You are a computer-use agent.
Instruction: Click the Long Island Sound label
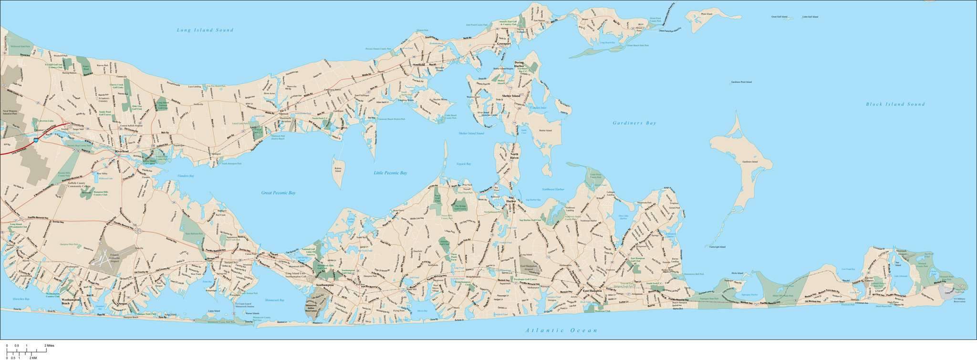coord(205,30)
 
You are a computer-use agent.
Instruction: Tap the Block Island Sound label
coord(895,104)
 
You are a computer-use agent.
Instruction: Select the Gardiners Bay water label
coord(634,123)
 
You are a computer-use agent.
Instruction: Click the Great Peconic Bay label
coord(278,193)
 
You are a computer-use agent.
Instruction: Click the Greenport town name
coord(504,43)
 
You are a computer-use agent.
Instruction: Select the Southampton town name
coord(324,285)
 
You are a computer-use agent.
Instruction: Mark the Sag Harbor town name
coord(511,203)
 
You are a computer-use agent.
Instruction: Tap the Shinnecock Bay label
coord(274,300)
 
